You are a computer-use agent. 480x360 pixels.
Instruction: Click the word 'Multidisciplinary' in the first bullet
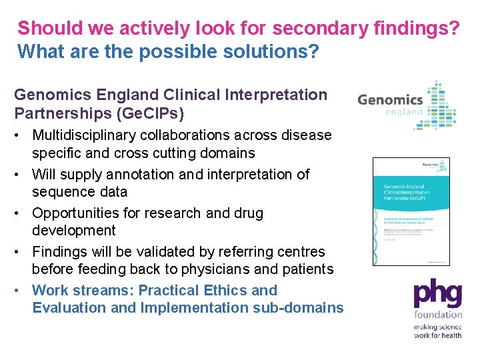84,135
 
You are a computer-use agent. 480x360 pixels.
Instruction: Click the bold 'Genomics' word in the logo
390,100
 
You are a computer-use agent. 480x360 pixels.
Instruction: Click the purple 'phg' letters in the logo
437,294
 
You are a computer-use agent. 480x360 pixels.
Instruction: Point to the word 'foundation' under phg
437,314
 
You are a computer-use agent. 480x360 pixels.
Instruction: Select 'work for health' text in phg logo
437,335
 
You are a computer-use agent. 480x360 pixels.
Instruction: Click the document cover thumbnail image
411,212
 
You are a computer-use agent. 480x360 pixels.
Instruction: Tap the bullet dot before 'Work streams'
21,291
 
